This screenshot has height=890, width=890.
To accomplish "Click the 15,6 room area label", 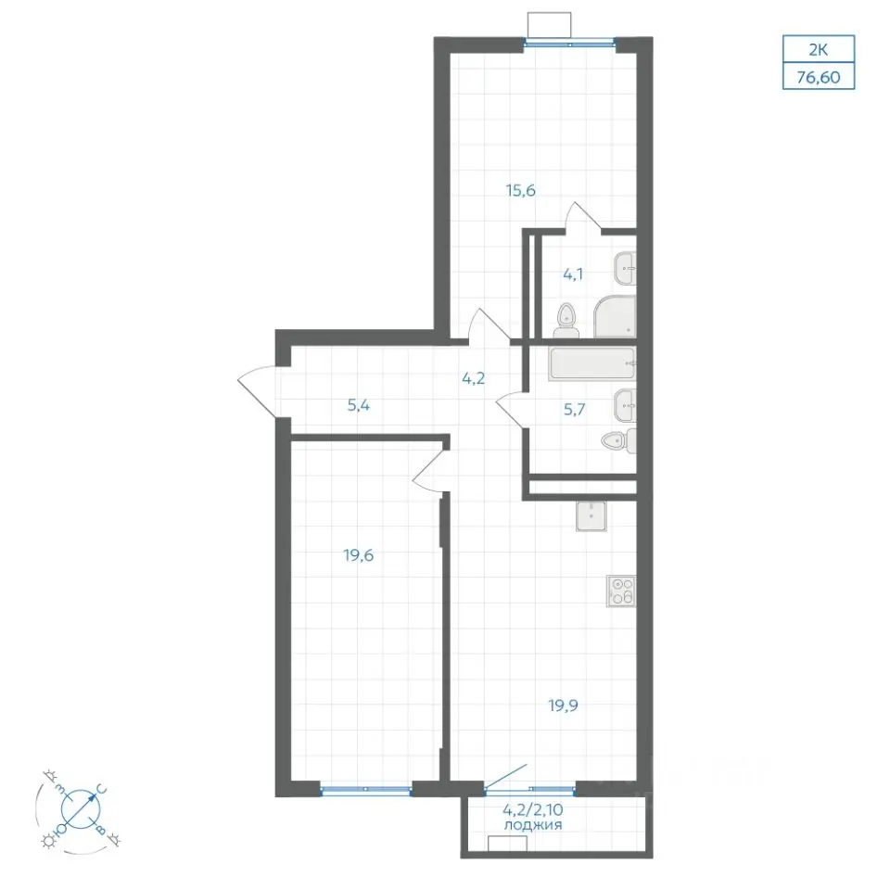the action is (x=520, y=191).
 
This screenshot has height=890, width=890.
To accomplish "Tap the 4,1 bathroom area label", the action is (x=573, y=275).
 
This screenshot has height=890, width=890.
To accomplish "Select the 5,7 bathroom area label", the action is (x=575, y=409).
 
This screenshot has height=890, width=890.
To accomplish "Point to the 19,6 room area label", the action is (x=358, y=555).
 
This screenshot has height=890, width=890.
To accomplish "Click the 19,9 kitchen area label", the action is (x=563, y=706).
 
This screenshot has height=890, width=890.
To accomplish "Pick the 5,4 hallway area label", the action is (x=359, y=406).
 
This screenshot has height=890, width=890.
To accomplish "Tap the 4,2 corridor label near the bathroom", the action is (x=474, y=378).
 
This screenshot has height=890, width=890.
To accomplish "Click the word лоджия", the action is (x=533, y=825).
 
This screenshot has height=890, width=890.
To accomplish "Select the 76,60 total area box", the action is (x=819, y=77).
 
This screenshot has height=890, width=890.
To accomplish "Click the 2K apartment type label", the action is (x=819, y=50).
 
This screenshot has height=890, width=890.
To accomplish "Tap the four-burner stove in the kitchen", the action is (x=621, y=591).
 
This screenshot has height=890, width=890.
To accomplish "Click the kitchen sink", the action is (x=591, y=516).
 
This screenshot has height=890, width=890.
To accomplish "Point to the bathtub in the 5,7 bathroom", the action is (x=592, y=363).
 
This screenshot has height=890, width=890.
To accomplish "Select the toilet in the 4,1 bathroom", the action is (x=566, y=321).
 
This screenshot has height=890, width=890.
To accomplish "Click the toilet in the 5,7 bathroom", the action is (x=618, y=441).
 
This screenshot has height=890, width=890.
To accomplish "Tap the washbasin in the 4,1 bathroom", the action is (x=625, y=269).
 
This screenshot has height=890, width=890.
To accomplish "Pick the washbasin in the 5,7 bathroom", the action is (x=625, y=405).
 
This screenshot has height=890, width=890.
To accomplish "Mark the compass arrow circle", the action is (x=80, y=807).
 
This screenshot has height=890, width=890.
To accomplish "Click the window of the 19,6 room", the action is (x=366, y=789).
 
